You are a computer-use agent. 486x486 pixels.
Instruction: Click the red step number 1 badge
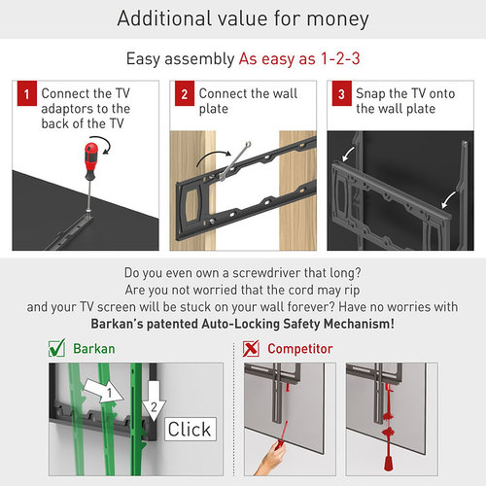tap(26, 93)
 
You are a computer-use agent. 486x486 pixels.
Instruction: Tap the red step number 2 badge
tap(185, 93)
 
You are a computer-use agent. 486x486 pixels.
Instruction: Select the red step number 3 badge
tap(341, 93)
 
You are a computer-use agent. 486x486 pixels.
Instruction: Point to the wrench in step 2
tap(234, 160)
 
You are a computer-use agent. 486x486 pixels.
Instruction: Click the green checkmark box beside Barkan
tap(56, 348)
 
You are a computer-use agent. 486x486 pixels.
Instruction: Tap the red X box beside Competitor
tap(251, 349)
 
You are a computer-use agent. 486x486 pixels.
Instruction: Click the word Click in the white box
tap(190, 430)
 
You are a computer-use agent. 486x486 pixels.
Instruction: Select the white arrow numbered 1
tap(103, 391)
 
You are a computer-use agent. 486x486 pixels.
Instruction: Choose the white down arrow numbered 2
tap(154, 401)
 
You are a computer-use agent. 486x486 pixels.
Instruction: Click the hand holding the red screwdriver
tap(270, 459)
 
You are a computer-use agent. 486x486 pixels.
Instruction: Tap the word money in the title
tap(337, 19)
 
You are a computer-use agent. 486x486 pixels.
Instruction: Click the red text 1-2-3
tap(340, 59)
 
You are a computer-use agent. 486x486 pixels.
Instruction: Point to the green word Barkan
tap(94, 349)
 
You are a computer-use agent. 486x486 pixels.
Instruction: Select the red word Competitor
tap(300, 349)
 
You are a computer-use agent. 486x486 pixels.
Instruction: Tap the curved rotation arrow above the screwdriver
tap(104, 145)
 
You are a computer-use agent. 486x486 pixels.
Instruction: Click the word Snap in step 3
tap(370, 94)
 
